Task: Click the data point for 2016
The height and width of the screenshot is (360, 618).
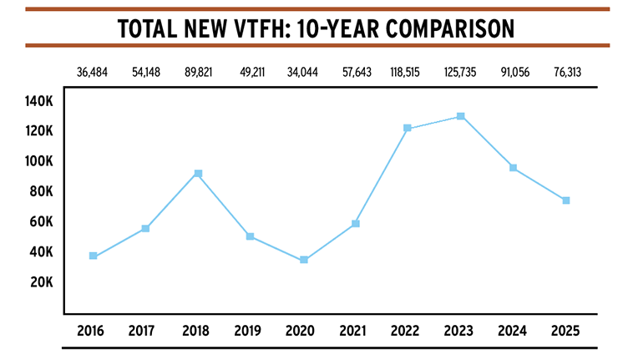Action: tap(93, 256)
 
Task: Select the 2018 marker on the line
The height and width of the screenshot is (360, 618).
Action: tap(198, 174)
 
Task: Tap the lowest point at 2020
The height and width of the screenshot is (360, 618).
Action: tap(303, 260)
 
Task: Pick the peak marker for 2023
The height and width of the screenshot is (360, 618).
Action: tap(460, 116)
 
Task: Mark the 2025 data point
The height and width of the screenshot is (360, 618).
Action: tap(565, 200)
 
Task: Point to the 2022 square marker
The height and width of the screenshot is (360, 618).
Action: tap(408, 128)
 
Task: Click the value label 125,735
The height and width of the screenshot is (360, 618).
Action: tap(460, 72)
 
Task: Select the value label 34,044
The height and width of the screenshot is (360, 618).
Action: tap(303, 72)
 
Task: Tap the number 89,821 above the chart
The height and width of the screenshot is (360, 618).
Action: tap(198, 72)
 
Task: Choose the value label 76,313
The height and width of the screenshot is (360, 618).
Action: tap(565, 72)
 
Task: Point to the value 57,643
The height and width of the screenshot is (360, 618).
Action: tap(356, 72)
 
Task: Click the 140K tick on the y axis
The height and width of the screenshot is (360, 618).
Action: tap(39, 101)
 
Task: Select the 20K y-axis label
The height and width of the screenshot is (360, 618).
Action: tap(40, 282)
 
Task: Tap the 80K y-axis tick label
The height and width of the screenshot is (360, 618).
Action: tap(40, 191)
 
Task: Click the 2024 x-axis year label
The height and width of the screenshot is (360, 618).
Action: tap(513, 330)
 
